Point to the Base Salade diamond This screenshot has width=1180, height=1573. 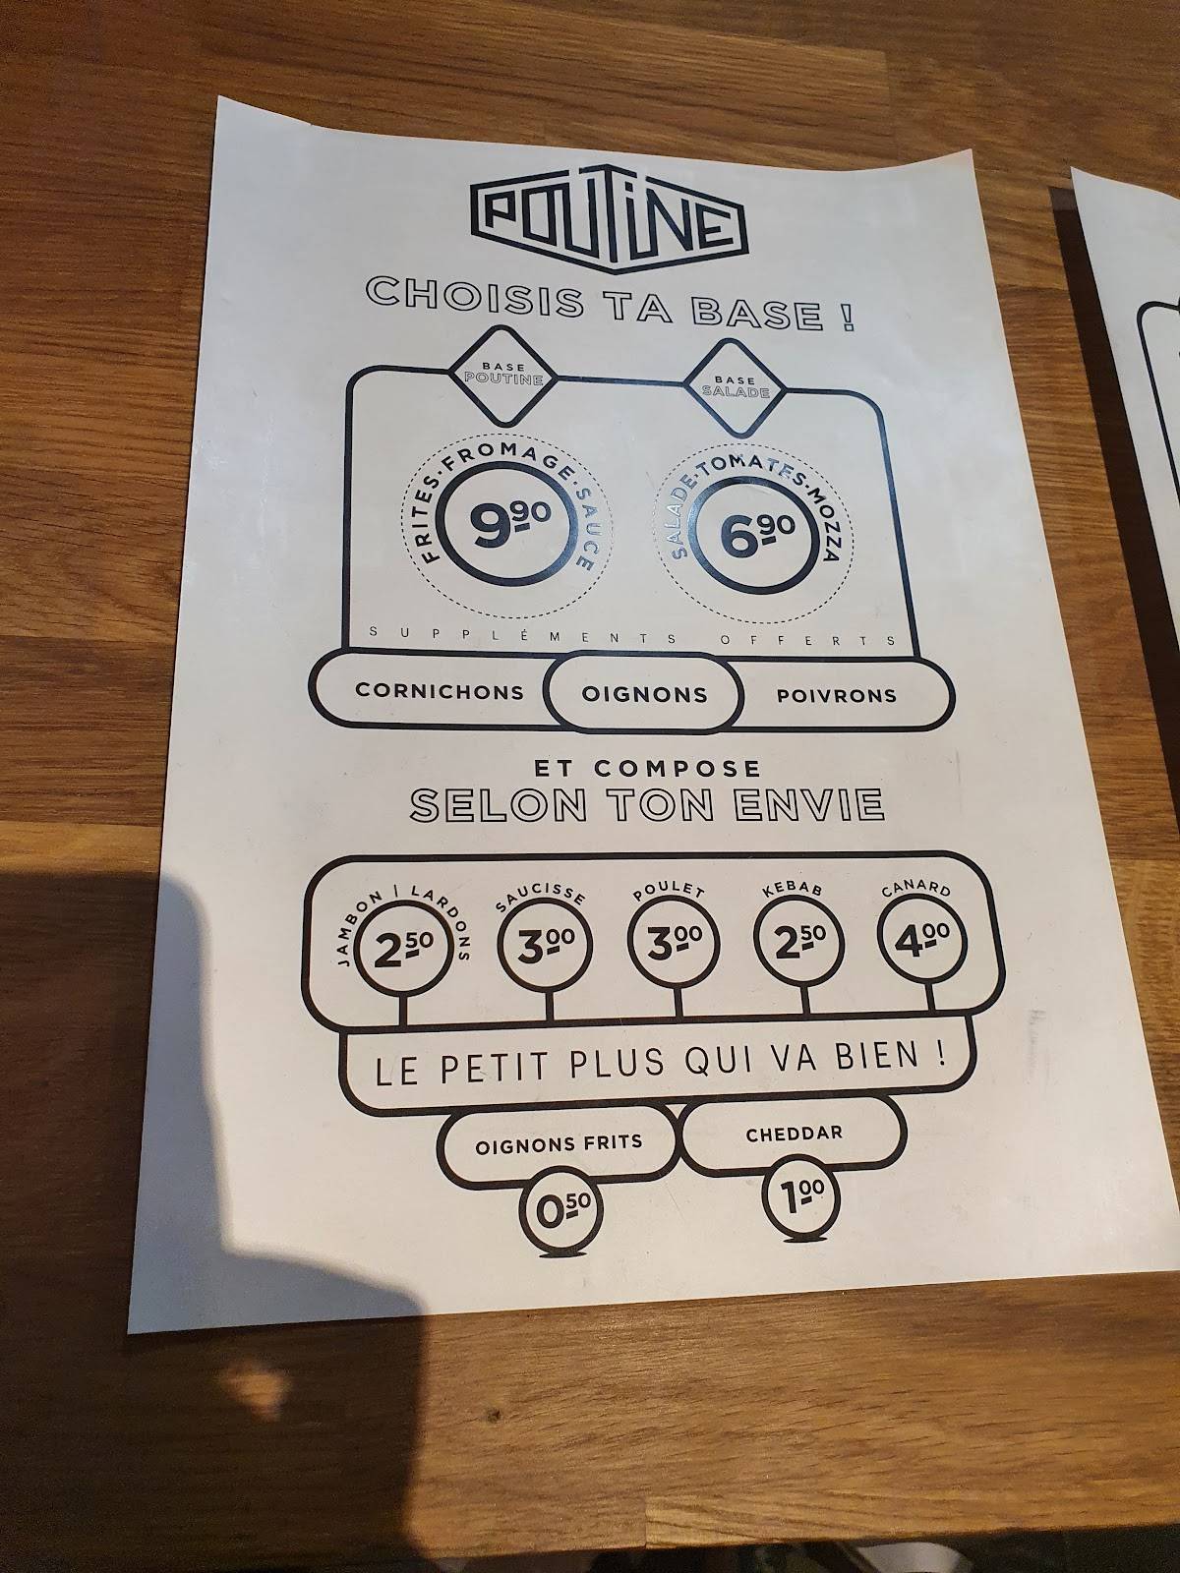tap(736, 387)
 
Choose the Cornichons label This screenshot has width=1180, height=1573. tap(440, 691)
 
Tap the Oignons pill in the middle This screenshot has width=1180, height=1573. tap(644, 693)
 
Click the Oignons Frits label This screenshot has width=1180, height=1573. tap(559, 1142)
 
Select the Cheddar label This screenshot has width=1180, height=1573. tap(794, 1134)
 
